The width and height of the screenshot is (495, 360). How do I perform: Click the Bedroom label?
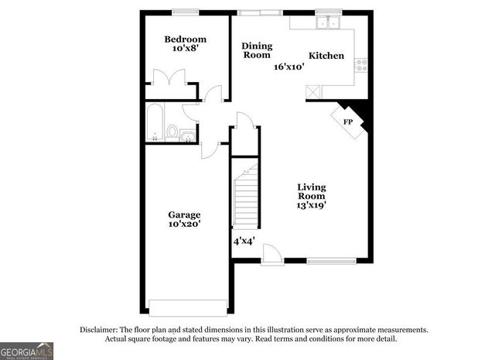[186, 39]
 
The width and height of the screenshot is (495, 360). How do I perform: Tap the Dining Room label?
[256, 50]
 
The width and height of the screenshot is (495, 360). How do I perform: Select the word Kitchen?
[326, 56]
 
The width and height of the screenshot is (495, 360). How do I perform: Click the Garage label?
[185, 214]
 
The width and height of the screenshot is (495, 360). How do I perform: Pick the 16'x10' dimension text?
[288, 67]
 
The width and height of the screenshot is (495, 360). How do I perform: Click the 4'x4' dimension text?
[244, 241]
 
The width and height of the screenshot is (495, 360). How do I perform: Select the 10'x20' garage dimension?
[185, 225]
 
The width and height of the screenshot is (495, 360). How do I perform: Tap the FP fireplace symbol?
[349, 122]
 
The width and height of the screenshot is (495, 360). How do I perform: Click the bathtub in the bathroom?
[154, 122]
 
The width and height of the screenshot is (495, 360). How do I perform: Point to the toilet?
[172, 132]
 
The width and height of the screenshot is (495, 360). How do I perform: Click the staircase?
[246, 200]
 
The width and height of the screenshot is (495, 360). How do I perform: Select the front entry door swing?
[271, 252]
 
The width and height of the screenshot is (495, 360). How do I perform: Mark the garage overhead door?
[186, 304]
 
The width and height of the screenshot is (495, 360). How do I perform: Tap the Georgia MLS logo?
[26, 350]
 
